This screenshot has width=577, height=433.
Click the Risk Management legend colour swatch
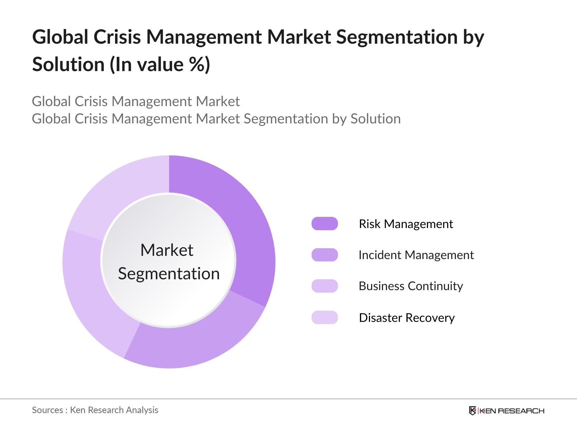(x=325, y=224)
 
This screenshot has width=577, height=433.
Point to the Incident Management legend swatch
(x=325, y=255)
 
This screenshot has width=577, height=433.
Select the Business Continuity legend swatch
(x=325, y=286)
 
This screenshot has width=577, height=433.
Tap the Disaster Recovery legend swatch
(x=325, y=318)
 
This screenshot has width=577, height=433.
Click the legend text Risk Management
(x=406, y=224)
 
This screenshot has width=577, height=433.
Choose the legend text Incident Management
(x=416, y=255)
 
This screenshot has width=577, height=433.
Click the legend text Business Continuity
(x=411, y=286)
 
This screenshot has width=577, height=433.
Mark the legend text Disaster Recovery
(x=407, y=318)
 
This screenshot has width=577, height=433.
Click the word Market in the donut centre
(x=167, y=250)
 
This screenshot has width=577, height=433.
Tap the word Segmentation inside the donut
(x=169, y=274)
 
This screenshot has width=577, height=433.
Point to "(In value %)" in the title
(x=160, y=65)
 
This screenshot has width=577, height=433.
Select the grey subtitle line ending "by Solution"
(x=216, y=119)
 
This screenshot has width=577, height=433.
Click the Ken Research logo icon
(x=472, y=411)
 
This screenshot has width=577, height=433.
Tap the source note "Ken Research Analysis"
(x=114, y=410)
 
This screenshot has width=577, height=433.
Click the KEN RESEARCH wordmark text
(x=512, y=411)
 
